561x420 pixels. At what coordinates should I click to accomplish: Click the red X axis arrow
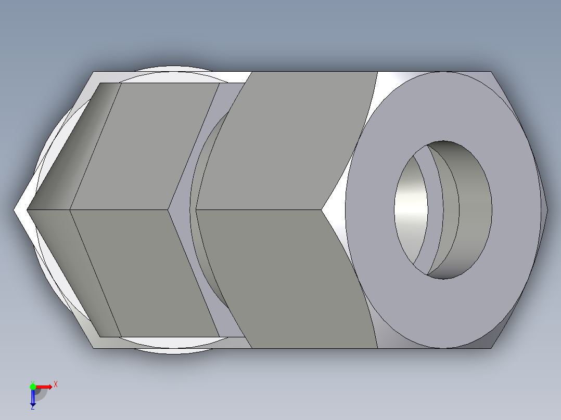45,386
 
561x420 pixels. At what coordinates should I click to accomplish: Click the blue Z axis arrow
33,397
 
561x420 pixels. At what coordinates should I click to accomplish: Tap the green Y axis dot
33,386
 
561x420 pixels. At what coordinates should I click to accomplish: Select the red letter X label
56,384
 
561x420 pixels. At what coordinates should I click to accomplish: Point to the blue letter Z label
32,408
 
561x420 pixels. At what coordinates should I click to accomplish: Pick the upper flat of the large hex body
291,140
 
